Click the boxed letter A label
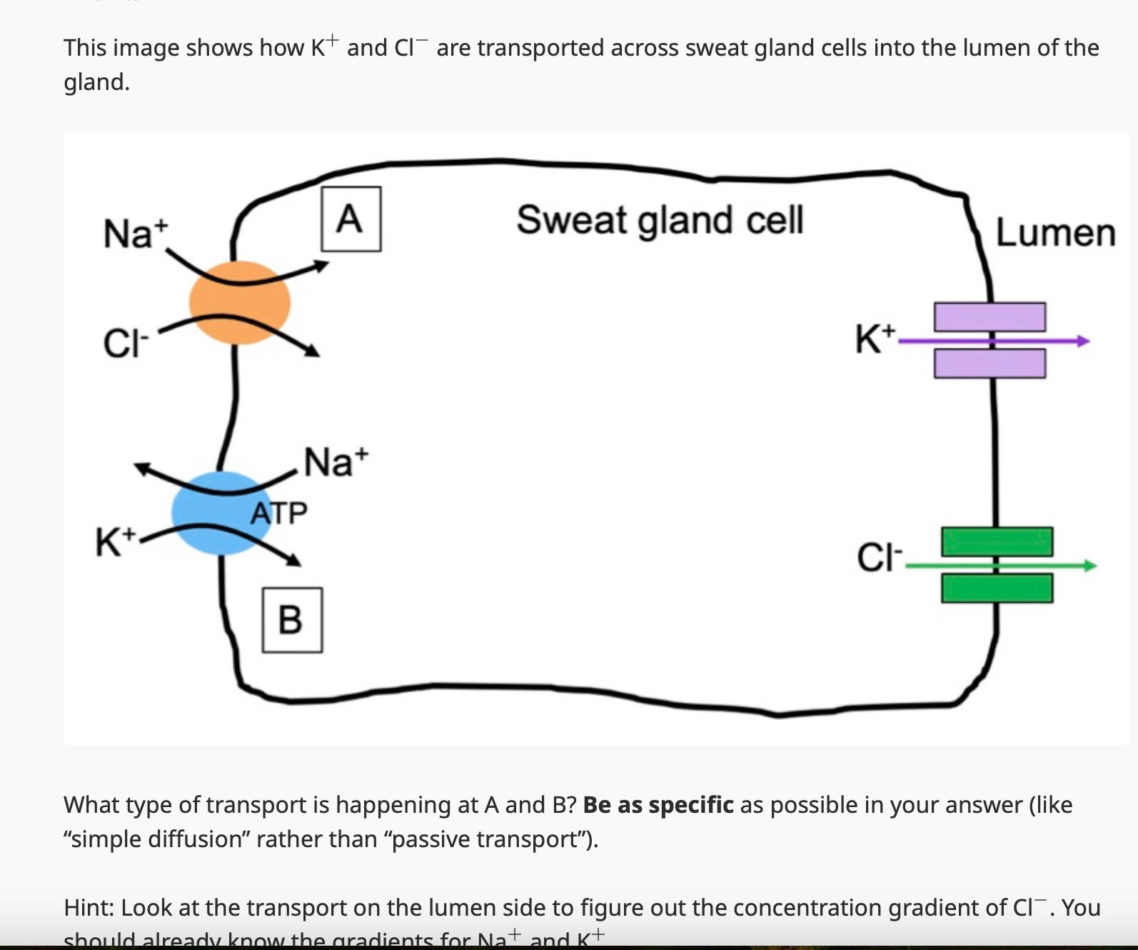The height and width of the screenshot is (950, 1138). point(351,219)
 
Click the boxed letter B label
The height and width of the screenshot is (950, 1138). point(292,619)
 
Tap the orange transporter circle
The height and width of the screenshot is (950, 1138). point(240,303)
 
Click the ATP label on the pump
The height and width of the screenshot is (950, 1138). point(279,512)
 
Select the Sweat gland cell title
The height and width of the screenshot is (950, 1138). point(660,219)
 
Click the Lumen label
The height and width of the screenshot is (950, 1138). point(1054,233)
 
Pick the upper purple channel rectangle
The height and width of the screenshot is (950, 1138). point(990,316)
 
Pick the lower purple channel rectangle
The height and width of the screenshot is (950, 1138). point(990,364)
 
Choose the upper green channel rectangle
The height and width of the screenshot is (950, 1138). point(997,541)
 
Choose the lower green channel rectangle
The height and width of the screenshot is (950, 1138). point(997,589)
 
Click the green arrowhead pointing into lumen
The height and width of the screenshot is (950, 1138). point(1090,566)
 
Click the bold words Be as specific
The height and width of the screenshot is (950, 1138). point(658,805)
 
